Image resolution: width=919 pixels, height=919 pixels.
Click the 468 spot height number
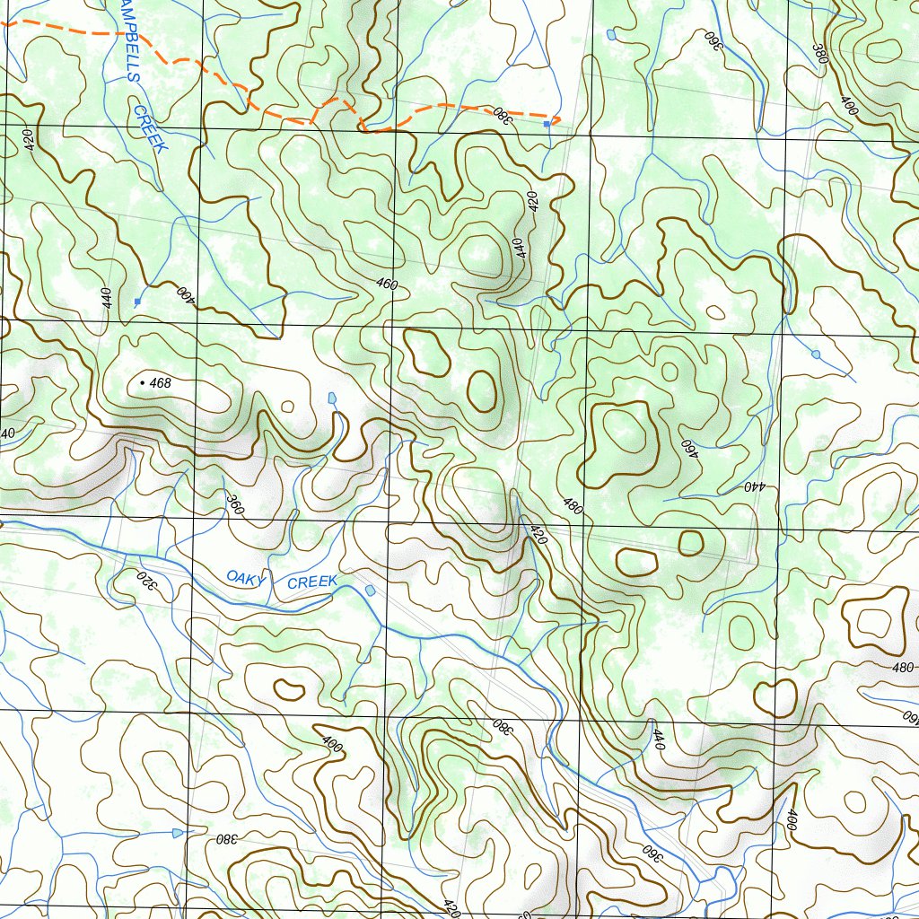coord(161,383)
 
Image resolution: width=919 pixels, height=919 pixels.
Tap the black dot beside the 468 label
coord(142,383)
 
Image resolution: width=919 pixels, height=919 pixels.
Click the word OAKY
coord(246,578)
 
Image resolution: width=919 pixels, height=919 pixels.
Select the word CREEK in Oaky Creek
coord(311,582)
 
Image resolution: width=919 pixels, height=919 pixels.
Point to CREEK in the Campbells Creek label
coord(150,129)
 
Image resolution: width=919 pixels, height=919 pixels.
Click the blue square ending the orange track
coord(547,124)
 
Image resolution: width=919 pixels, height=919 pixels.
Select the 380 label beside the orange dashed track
coord(501,114)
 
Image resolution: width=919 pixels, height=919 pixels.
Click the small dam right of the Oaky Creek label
coord(371,590)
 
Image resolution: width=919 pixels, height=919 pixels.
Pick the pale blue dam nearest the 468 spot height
coord(332,398)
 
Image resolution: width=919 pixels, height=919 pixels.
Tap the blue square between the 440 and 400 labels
coord(136,302)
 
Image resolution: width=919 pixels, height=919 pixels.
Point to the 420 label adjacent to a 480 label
coord(538,536)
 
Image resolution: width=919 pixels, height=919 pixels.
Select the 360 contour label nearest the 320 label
coord(235,505)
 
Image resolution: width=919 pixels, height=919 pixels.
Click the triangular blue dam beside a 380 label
coord(177,833)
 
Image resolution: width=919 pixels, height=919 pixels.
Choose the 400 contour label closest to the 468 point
coord(185,293)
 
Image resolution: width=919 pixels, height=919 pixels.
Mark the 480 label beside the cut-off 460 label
coord(903,668)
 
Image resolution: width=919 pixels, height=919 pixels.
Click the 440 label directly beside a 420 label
coord(519,248)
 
